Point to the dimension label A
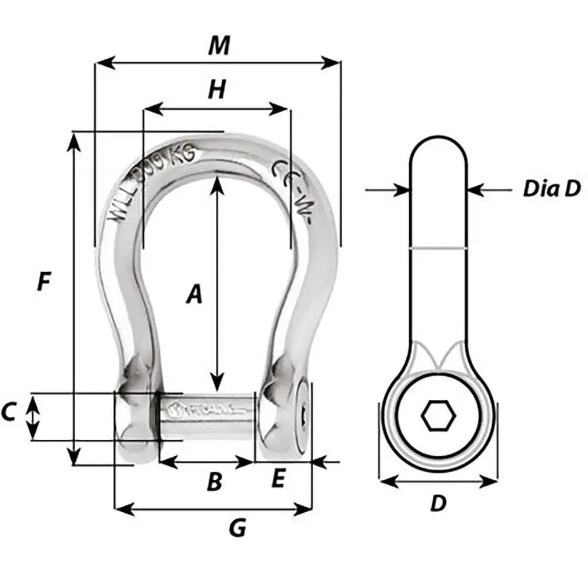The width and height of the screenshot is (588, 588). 194,293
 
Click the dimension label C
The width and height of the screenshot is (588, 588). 8,413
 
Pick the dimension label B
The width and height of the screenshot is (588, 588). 215,482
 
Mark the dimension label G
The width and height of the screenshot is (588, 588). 237,529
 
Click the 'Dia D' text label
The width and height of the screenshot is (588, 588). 552,189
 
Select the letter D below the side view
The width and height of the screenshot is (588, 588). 438,503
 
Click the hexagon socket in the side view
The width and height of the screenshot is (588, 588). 439,416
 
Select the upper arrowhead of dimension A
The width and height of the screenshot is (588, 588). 218,182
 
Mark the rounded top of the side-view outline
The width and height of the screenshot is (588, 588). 439,139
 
